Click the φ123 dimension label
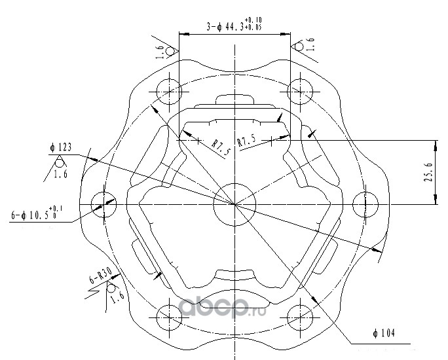pyautogui.click(x=61, y=147)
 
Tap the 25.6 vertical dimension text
pyautogui.click(x=429, y=173)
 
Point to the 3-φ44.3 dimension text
pyautogui.click(x=234, y=27)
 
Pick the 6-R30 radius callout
pyautogui.click(x=97, y=279)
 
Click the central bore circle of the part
pyautogui.click(x=234, y=204)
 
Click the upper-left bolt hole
pyautogui.click(x=170, y=90)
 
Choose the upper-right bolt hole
pyautogui.click(x=300, y=90)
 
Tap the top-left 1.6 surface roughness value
pyautogui.click(x=160, y=52)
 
